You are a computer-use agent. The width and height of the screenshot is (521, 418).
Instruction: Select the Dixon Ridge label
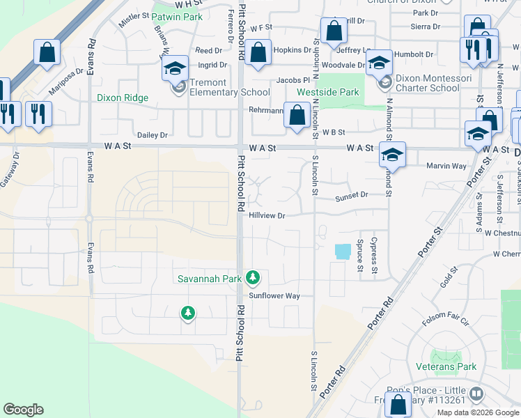123,98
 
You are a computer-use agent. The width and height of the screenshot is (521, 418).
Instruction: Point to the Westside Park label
327,92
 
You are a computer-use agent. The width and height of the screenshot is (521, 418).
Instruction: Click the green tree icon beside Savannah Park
253,278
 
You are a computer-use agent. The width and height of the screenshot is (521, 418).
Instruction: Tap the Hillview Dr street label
267,216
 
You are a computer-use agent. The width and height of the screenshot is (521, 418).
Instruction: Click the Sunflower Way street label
274,296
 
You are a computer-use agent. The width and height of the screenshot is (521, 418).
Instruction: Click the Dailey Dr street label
153,135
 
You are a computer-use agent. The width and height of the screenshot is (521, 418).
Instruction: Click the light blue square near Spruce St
343,251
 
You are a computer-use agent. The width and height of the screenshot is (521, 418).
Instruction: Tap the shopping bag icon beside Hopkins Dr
258,53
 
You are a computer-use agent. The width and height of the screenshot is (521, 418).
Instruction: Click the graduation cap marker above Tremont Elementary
175,68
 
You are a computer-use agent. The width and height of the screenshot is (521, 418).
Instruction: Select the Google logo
23,410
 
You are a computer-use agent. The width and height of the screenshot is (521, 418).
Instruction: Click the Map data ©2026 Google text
478,412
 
